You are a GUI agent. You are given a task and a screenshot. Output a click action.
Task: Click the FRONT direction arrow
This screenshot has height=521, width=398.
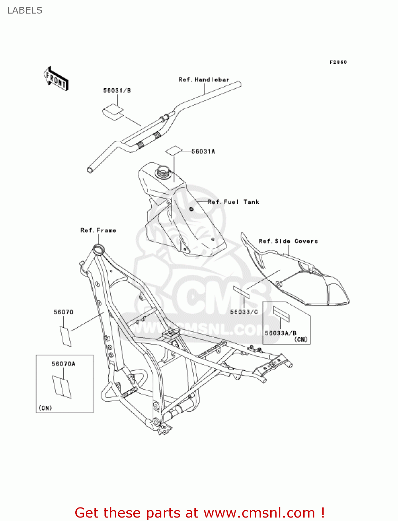point(56,79)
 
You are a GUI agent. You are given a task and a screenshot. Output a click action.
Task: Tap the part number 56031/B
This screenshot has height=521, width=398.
point(117,91)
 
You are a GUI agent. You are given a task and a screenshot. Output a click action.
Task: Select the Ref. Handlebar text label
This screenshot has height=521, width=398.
point(204,80)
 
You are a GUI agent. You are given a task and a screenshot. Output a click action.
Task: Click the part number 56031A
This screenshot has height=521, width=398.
point(203,151)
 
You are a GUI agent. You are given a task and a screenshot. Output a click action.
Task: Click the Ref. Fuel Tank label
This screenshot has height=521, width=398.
point(233,202)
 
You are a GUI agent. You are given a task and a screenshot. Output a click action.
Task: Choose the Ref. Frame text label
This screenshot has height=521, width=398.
point(98,230)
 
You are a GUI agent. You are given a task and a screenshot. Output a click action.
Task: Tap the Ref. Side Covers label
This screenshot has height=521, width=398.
point(288,241)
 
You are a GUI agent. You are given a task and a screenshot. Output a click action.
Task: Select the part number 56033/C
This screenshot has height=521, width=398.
point(244,312)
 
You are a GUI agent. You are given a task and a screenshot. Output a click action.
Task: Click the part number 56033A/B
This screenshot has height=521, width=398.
point(280,333)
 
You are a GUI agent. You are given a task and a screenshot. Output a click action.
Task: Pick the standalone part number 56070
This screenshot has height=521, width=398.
point(63,312)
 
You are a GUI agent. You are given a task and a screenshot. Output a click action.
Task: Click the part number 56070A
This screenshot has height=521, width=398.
point(63,364)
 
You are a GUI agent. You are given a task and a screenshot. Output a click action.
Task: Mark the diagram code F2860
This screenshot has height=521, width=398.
point(338,62)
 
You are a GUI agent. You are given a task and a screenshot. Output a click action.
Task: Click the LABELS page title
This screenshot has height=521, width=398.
point(25,10)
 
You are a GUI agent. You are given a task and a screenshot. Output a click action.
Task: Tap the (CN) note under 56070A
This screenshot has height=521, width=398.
point(45,408)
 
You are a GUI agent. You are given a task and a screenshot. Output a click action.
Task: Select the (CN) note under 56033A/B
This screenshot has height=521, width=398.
point(301,339)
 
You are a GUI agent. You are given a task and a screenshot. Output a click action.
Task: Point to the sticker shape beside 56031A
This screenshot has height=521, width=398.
point(173,150)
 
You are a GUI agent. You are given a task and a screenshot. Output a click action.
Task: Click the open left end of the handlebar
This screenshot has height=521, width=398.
point(90,170)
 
